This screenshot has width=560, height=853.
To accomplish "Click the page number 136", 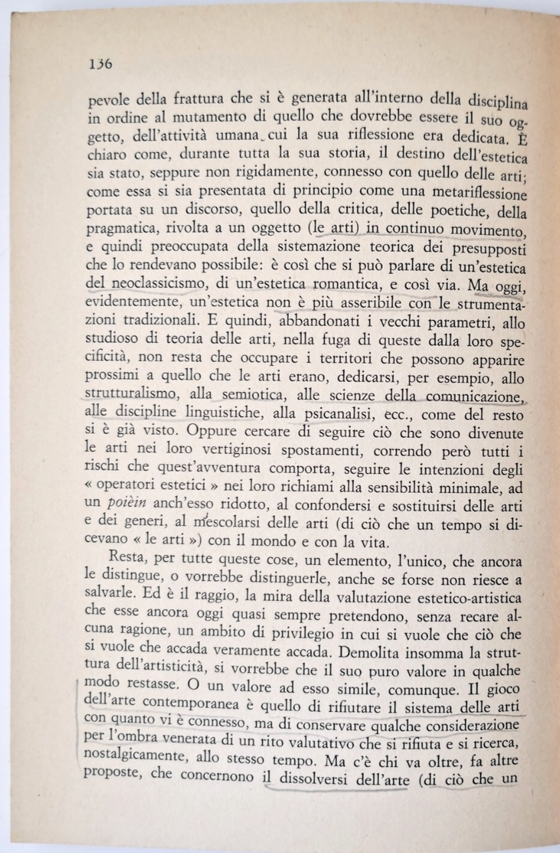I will pos(99,65).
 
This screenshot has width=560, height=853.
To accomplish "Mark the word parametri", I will pos(440,321).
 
